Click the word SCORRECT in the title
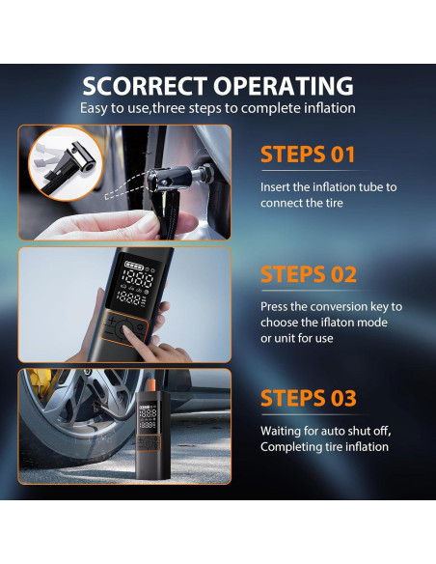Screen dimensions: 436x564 coord(145,86)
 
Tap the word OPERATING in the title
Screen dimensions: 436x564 coord(284,86)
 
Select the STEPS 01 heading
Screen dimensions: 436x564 coord(308,155)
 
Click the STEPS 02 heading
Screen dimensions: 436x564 coord(309,274)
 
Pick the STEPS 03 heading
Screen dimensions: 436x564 coord(309,398)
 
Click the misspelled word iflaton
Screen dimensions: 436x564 coord(336,322)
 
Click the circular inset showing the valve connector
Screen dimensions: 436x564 coord(66,164)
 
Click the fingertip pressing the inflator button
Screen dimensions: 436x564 coord(125,329)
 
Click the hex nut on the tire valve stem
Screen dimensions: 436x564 coord(206,172)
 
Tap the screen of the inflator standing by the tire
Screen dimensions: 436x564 coord(148,416)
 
